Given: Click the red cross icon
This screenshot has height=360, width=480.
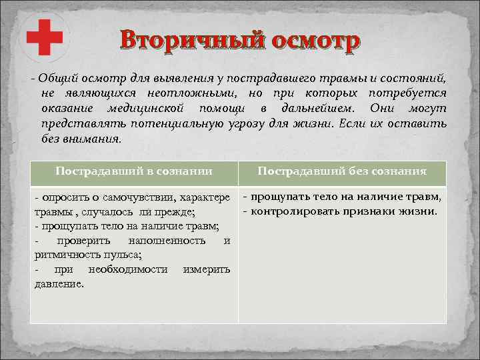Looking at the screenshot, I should coord(44,38).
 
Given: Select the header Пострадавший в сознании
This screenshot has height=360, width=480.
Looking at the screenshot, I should coord(134,171).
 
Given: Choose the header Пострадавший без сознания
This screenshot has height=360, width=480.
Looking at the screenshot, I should coord(342,171).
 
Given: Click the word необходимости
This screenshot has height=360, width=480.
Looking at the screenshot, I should coord(130,269).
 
